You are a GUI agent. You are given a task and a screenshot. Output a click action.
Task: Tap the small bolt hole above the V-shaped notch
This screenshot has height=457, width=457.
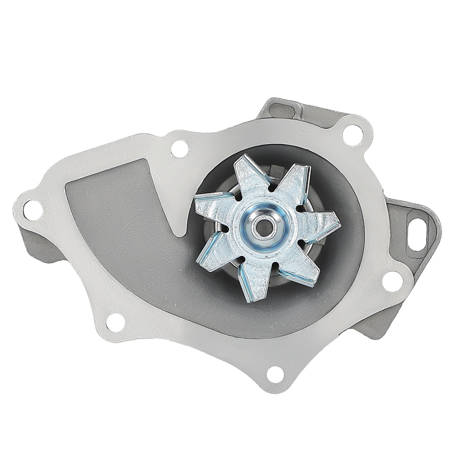[180, 149]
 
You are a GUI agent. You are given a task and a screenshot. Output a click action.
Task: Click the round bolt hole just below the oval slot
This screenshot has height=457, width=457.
[392, 280]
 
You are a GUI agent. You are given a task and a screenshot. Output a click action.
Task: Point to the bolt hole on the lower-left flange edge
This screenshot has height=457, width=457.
[116, 322]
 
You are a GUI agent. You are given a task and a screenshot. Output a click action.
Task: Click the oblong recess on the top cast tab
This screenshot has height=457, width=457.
[282, 110]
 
